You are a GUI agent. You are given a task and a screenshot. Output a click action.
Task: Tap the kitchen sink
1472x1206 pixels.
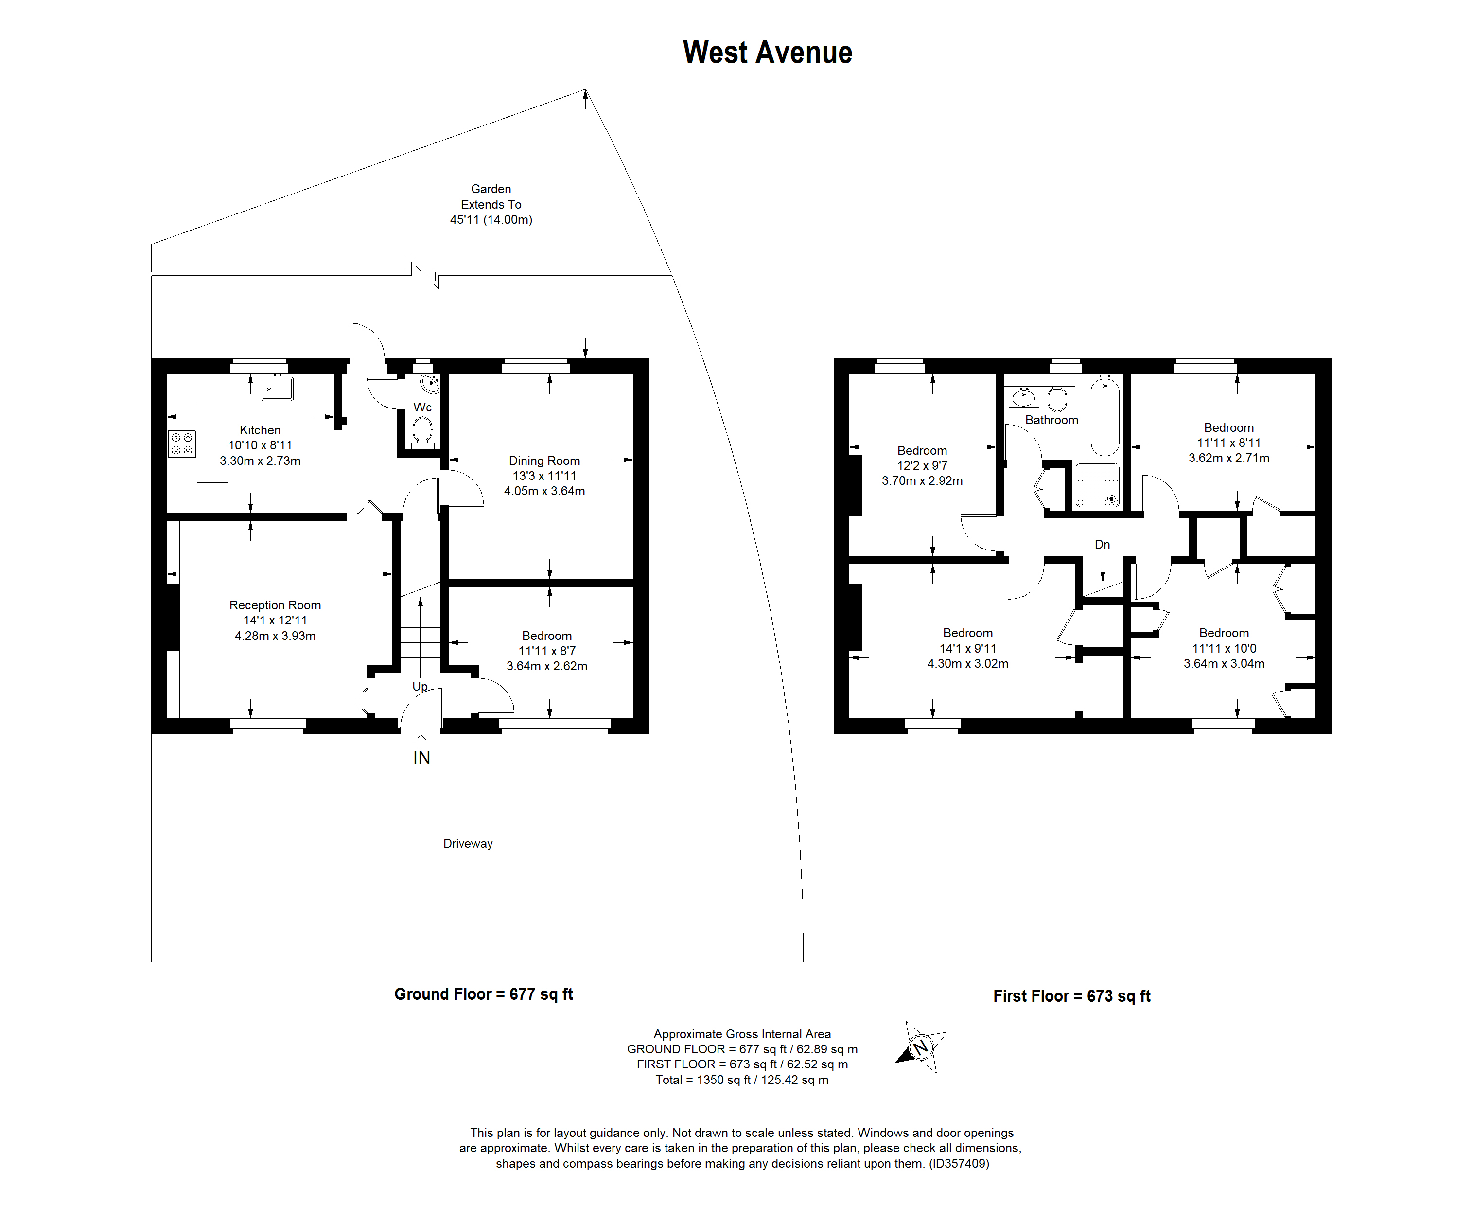pyautogui.click(x=276, y=389)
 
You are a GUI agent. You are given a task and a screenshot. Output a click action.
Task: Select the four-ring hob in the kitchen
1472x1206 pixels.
pyautogui.click(x=182, y=444)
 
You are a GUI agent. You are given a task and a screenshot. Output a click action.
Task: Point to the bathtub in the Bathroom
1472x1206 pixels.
pyautogui.click(x=1104, y=416)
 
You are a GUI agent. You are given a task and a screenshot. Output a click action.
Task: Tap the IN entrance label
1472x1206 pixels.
pyautogui.click(x=421, y=758)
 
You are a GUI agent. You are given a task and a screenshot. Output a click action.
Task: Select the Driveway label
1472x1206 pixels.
pyautogui.click(x=468, y=843)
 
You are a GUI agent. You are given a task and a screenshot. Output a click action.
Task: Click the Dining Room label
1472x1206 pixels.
pyautogui.click(x=544, y=461)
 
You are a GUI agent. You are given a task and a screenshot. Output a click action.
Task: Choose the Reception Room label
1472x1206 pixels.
pyautogui.click(x=275, y=605)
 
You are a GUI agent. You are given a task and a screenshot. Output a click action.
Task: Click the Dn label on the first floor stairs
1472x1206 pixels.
pyautogui.click(x=1102, y=545)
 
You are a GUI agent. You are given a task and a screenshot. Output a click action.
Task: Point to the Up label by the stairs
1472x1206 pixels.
pyautogui.click(x=420, y=686)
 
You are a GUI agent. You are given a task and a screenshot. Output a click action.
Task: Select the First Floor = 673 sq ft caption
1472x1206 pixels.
pyautogui.click(x=1071, y=996)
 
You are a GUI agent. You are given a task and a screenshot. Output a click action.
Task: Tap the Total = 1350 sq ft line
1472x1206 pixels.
pyautogui.click(x=741, y=1080)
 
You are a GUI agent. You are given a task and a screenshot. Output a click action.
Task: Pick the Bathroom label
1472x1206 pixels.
pyautogui.click(x=1051, y=420)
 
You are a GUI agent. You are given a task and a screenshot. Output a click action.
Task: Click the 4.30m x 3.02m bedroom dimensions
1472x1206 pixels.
pyautogui.click(x=967, y=663)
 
